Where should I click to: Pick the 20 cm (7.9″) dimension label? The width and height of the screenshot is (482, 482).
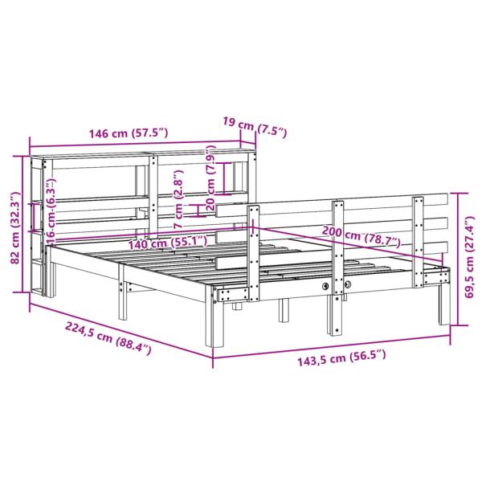point(211,178)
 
